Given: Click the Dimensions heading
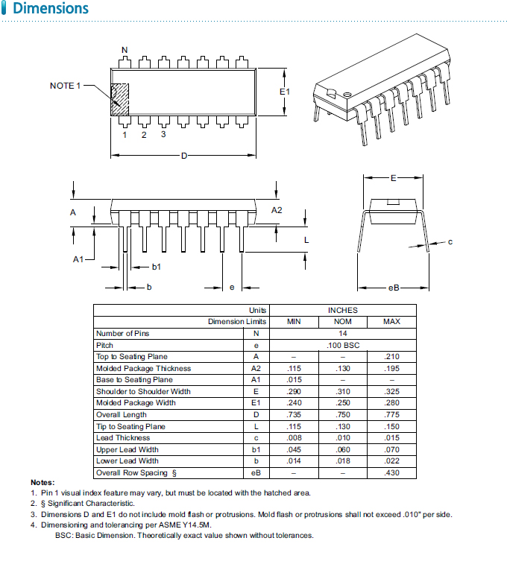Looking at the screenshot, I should pos(51,10).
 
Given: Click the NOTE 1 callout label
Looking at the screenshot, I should pos(65,86).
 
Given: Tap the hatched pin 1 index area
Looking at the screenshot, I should pos(119,98).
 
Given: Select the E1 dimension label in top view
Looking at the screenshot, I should pos(284,91).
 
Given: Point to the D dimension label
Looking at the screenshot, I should pos(183,155).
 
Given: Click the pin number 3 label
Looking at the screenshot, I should pos(163,135).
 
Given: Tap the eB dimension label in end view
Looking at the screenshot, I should pos(394,288).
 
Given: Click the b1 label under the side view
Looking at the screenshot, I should pos(157,266).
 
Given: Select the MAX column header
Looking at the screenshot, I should pos(391,322).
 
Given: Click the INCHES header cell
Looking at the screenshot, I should pos(342,310).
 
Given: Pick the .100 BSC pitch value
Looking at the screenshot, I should pos(342,345).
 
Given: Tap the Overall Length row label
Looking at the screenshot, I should pos(121,414).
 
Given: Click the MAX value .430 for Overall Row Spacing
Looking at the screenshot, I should pos(391,472).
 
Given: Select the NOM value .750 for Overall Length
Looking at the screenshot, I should pos(342,414).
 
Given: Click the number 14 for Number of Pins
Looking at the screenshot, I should pos(342,333).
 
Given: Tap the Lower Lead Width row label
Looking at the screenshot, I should pos(127,460).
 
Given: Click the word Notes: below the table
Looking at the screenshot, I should pos(42,483).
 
